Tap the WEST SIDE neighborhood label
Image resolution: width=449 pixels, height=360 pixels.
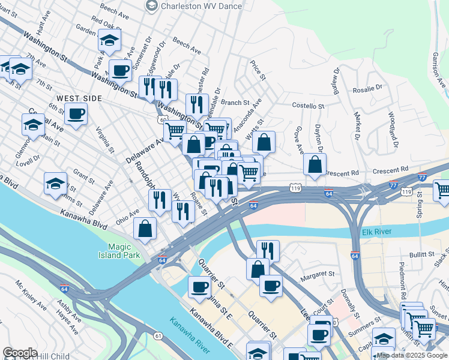(79, 98)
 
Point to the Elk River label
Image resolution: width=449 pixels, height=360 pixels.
(378, 232)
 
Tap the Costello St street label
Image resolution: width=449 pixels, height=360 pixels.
(307, 106)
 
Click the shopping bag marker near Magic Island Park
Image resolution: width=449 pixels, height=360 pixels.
(145, 229)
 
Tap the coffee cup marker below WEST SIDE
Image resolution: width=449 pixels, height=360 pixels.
(76, 114)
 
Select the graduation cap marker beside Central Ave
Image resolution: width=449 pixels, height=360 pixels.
(33, 125)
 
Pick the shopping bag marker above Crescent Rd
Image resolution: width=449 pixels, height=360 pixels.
(315, 164)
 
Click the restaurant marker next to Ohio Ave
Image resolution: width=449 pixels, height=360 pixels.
(160, 200)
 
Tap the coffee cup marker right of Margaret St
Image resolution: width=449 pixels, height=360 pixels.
(271, 285)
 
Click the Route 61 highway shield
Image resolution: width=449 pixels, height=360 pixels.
(158, 335)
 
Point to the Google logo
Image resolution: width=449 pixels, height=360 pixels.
(20, 353)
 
